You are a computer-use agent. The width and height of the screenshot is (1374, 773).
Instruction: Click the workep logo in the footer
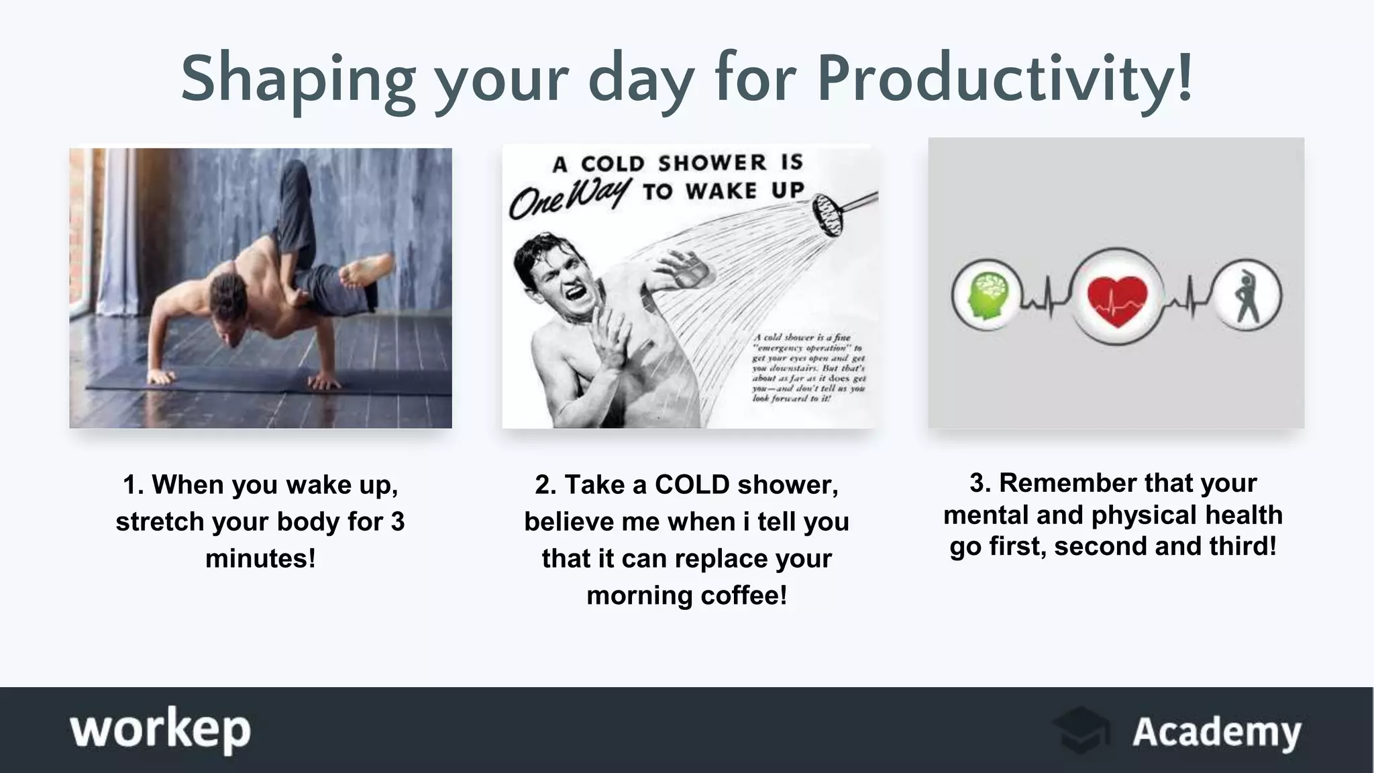coord(160,730)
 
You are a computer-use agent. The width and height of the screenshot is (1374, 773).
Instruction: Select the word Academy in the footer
coord(1216,731)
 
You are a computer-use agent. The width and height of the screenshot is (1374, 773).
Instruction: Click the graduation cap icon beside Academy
coord(1081,730)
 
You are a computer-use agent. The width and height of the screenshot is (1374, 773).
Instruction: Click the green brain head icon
coord(986,296)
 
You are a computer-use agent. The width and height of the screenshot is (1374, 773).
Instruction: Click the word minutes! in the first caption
coord(260,558)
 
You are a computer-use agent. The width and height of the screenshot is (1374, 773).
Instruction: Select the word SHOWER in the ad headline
coord(712,163)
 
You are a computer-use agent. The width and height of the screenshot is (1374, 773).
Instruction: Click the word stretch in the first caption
coord(160,521)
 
